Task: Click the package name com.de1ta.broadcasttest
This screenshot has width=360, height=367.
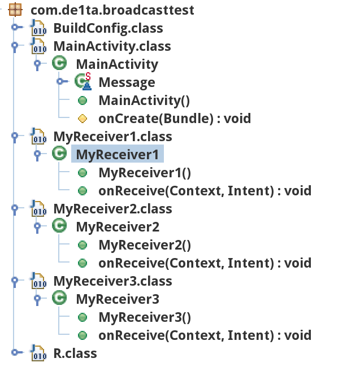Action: [112, 10]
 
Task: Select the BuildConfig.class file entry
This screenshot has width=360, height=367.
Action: [108, 28]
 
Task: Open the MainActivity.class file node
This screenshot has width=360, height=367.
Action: [112, 46]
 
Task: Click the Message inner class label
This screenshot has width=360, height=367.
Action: [127, 82]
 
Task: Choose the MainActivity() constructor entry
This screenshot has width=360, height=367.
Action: [144, 101]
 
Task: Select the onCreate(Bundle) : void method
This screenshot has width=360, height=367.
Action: [174, 119]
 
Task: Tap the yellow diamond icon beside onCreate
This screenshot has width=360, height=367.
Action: [83, 119]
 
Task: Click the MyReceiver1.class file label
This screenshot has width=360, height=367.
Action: [112, 137]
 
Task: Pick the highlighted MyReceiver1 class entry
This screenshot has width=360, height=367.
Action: [118, 155]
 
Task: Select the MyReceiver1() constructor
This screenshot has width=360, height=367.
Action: [145, 173]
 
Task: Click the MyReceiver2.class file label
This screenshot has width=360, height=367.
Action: [112, 209]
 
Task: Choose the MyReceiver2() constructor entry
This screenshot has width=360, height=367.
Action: [145, 245]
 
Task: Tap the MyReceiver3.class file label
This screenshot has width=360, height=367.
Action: [112, 281]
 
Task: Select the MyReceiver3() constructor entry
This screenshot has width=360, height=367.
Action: [145, 317]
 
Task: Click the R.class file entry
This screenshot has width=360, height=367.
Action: [75, 353]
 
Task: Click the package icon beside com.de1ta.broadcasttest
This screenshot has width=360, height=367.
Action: [16, 10]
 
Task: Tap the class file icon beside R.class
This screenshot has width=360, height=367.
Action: [38, 353]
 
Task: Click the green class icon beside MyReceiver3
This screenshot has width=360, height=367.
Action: [59, 298]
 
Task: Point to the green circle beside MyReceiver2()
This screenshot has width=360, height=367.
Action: [83, 245]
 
